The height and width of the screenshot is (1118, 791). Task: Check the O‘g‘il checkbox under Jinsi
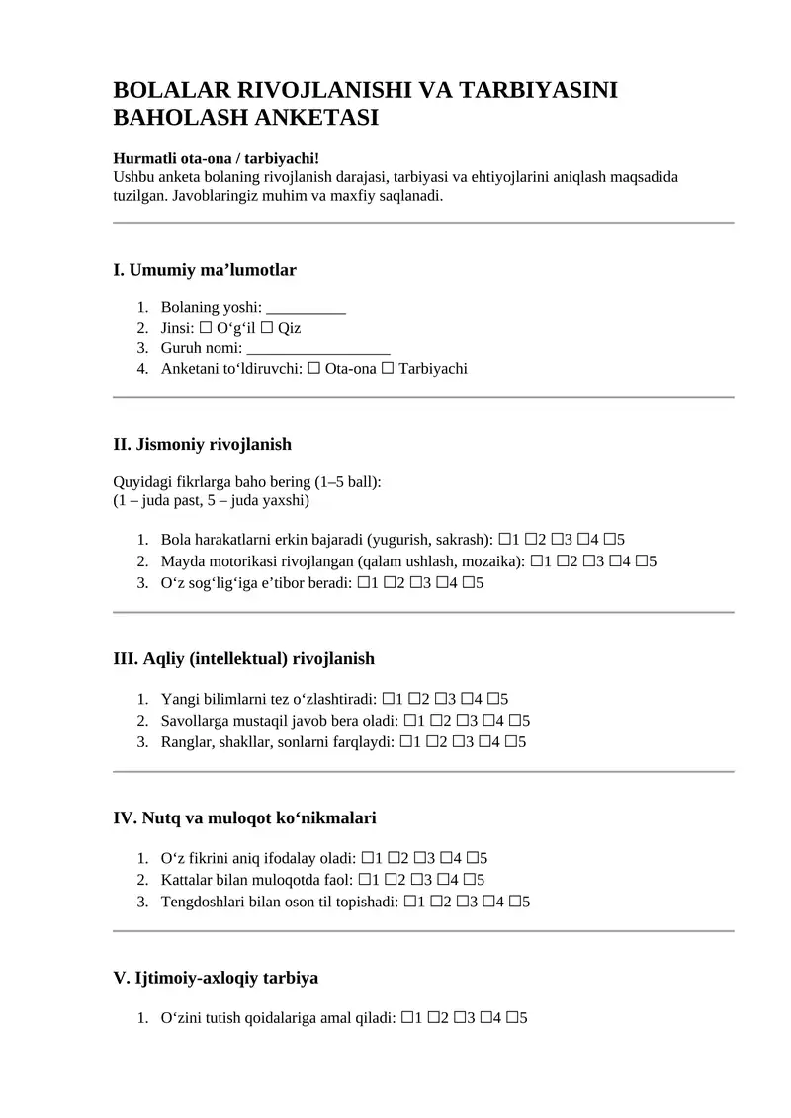(206, 328)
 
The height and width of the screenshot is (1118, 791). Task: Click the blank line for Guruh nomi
(318, 348)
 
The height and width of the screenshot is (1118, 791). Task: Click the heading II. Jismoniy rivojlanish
(203, 444)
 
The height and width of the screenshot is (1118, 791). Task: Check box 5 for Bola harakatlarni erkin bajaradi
(609, 540)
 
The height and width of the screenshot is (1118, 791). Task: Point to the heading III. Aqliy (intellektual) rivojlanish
(244, 658)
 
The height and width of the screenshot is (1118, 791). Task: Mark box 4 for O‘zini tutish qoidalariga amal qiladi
(485, 1017)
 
